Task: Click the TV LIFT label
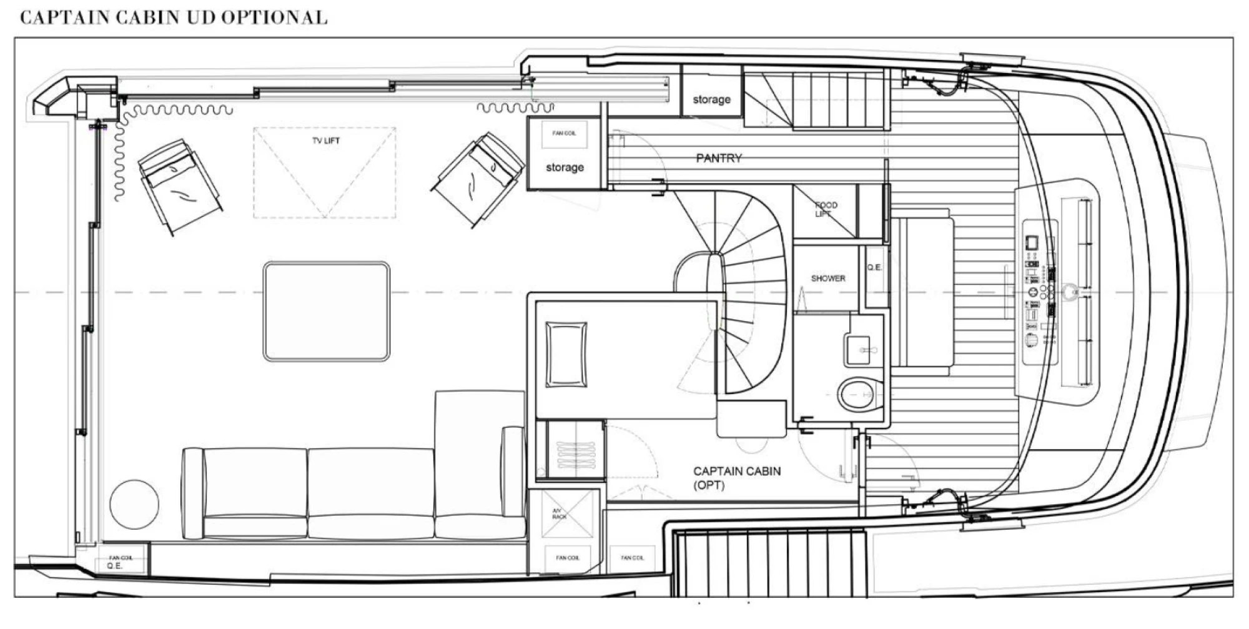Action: click(325, 141)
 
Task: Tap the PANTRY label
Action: click(719, 159)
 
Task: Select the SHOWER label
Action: click(828, 279)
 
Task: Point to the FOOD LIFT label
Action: click(825, 209)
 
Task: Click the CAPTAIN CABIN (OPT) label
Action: click(736, 478)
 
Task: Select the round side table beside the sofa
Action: click(134, 504)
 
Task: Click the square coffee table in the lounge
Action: click(327, 311)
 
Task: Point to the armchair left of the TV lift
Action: click(179, 186)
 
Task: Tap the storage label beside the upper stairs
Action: click(711, 99)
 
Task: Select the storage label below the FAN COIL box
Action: click(565, 167)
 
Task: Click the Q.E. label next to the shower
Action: click(874, 267)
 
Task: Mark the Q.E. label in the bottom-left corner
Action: click(114, 566)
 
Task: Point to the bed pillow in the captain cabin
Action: click(566, 354)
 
